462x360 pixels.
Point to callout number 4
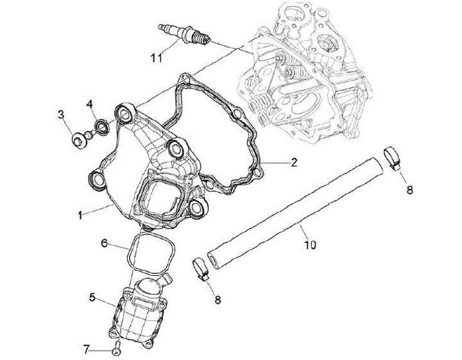point(90,103)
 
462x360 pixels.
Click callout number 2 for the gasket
point(293,162)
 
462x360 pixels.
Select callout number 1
point(80,216)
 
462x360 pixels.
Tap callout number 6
point(105,243)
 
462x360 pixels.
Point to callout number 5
point(92,297)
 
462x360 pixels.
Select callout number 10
point(310,244)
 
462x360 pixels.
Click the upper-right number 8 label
point(409,190)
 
